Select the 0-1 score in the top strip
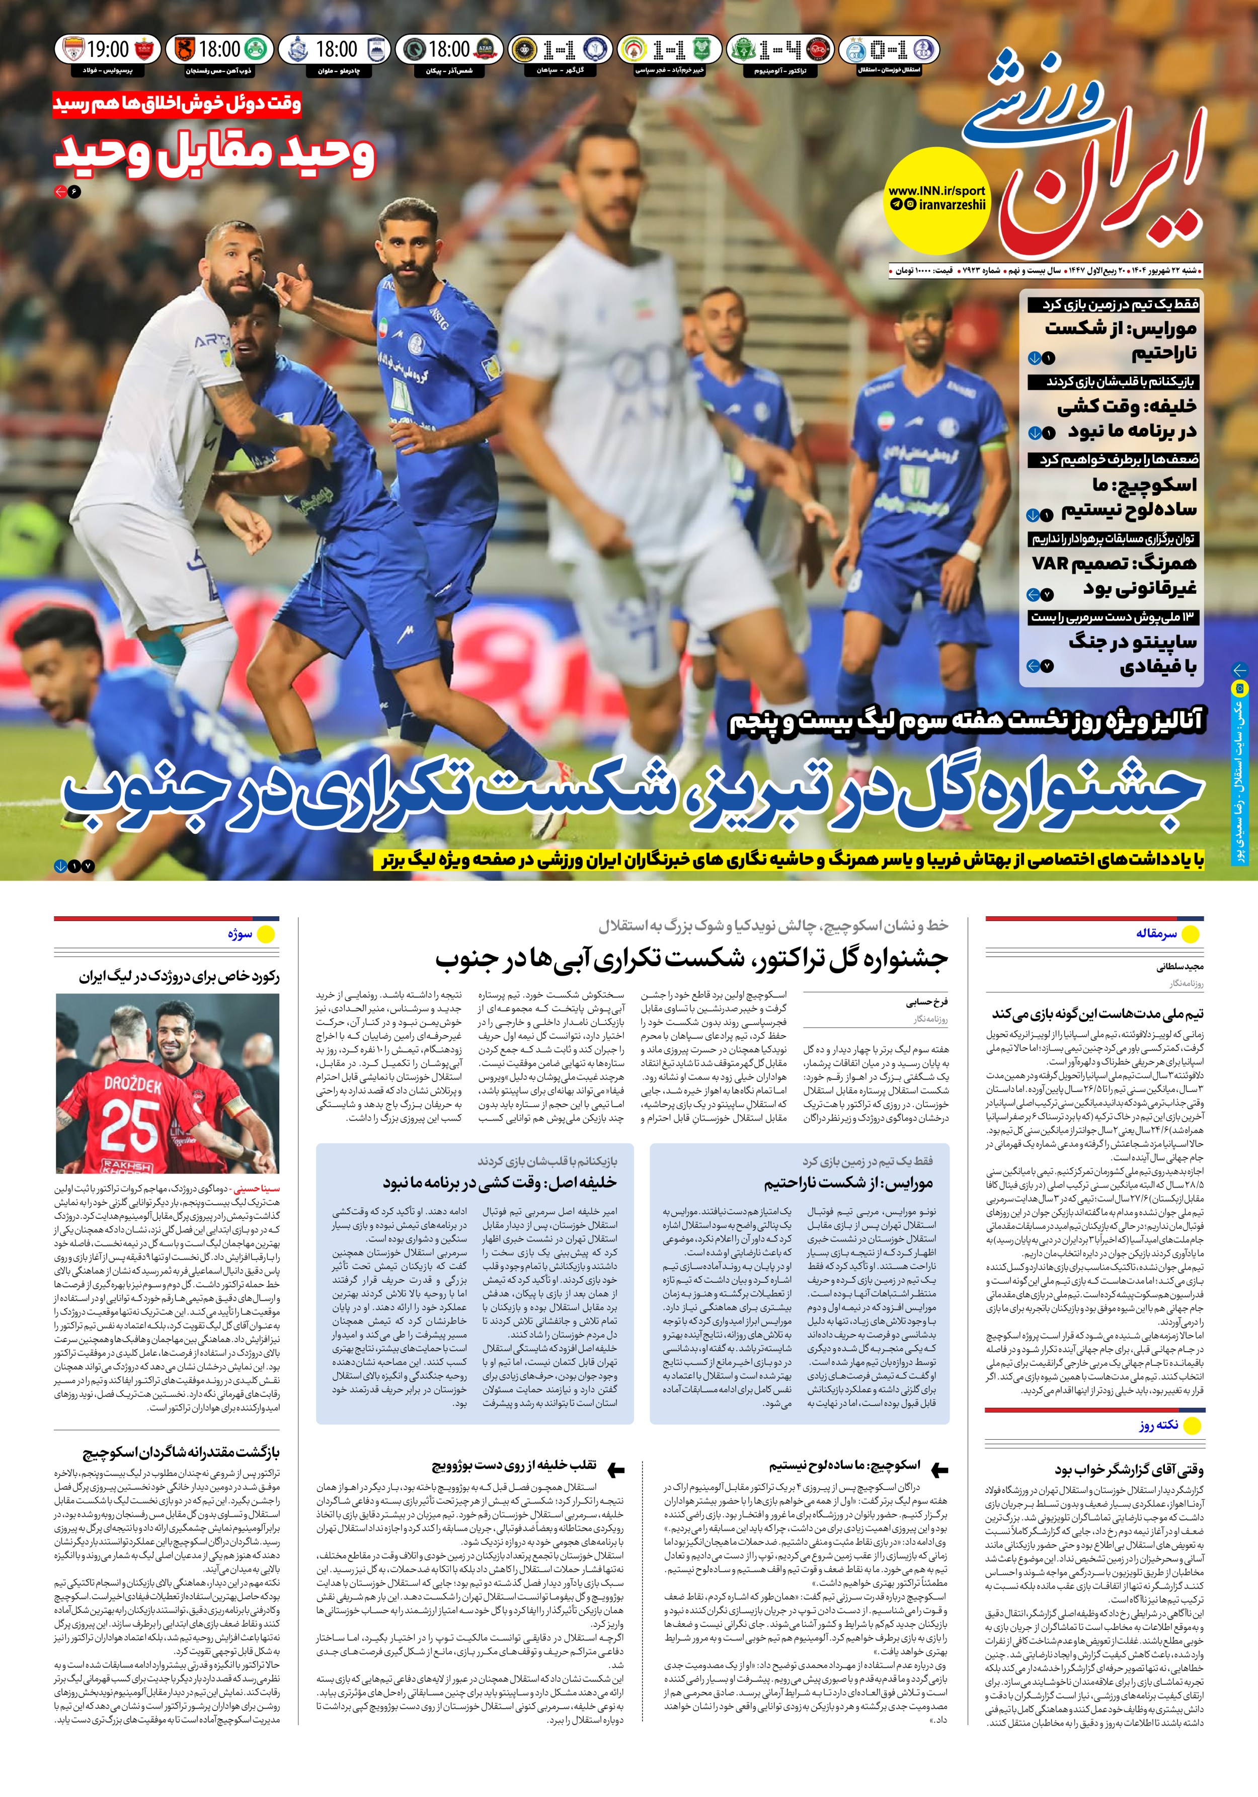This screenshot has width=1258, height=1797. [889, 51]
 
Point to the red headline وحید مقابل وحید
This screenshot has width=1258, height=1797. [214, 154]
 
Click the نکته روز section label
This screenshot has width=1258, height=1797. [1158, 1425]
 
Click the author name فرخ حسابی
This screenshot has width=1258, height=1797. [927, 1002]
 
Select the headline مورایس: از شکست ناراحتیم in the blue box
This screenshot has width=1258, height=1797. [848, 1184]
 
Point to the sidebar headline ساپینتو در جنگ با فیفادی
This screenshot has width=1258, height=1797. [1132, 654]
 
